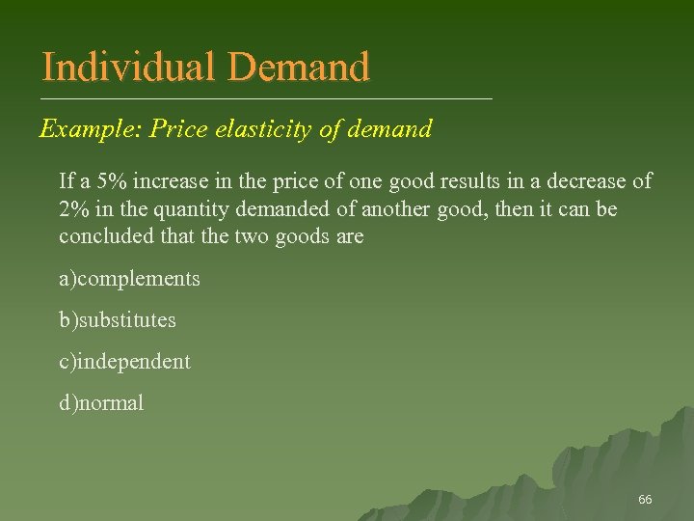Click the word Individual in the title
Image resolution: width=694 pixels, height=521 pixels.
point(130,68)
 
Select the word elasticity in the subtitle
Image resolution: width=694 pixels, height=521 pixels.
point(261,128)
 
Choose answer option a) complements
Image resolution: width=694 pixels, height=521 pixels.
point(129,279)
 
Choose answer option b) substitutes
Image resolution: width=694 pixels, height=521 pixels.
point(118,319)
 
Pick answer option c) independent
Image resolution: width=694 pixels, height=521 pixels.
point(124,362)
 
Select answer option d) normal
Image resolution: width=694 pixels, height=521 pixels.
point(101,403)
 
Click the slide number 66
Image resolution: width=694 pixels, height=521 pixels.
point(645,500)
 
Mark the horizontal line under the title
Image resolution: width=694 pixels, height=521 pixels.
point(266,99)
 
